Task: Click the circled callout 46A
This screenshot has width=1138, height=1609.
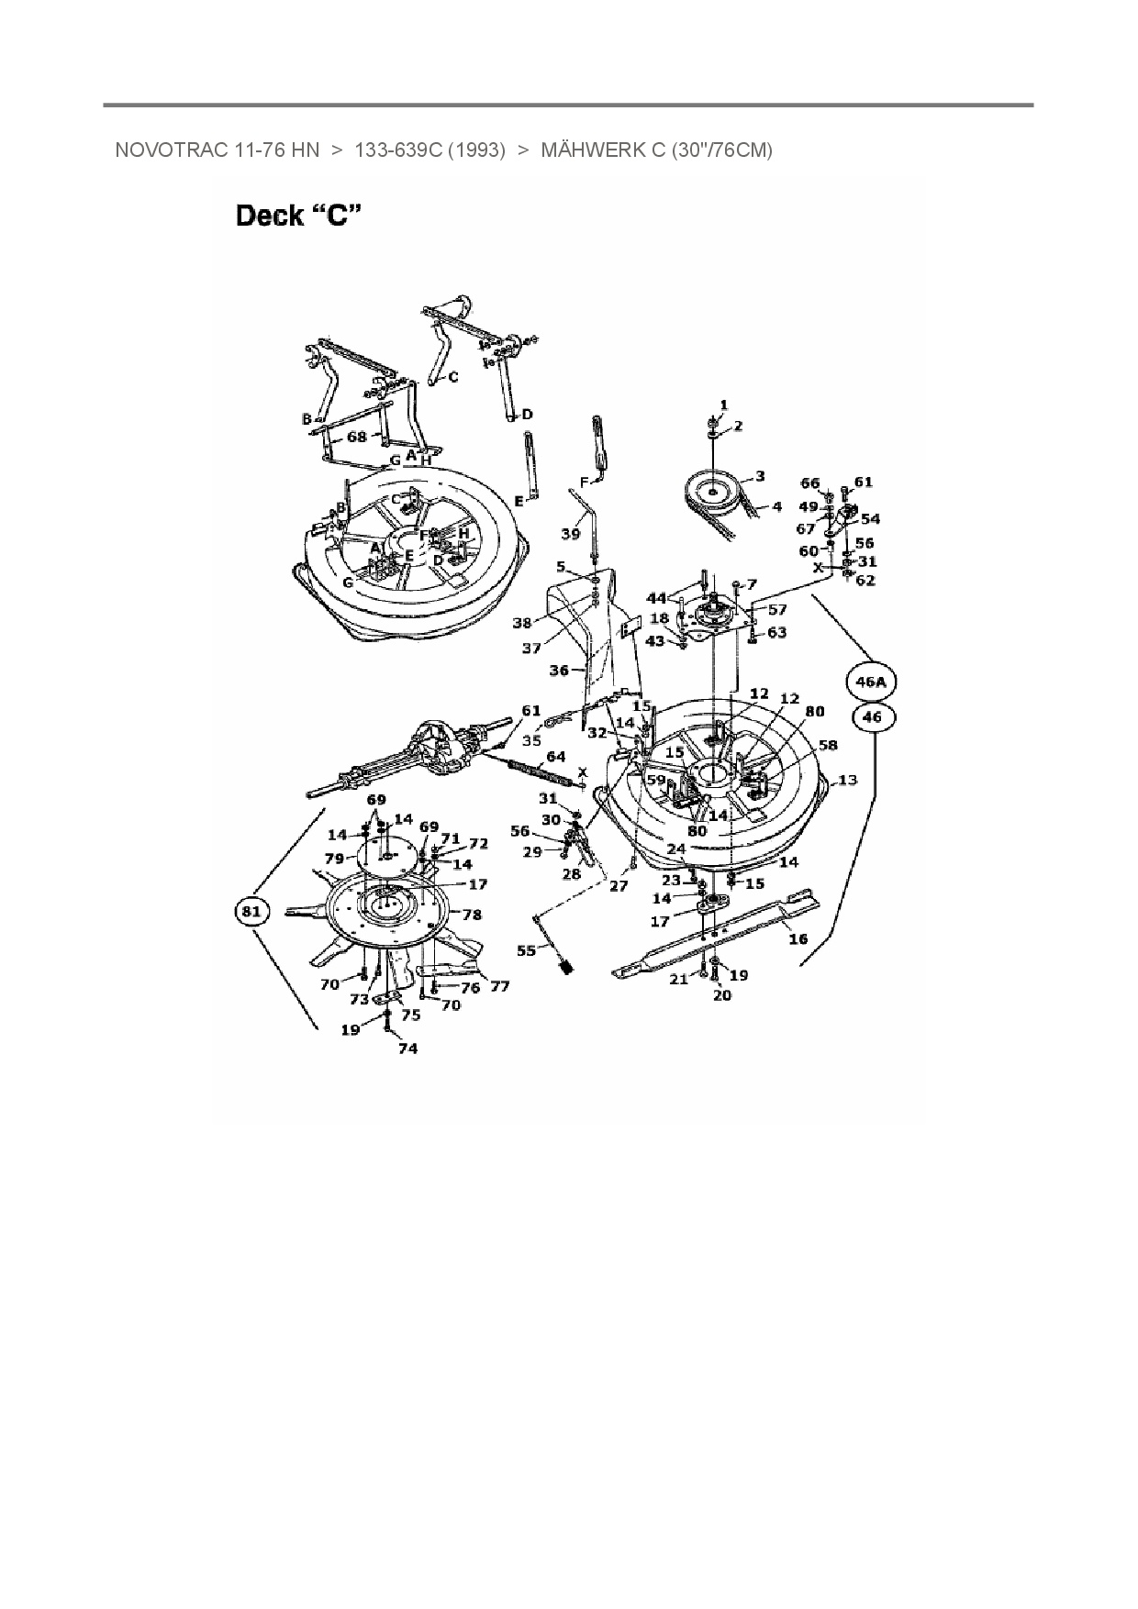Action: pyautogui.click(x=870, y=682)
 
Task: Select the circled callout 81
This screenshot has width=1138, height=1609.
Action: pyautogui.click(x=251, y=911)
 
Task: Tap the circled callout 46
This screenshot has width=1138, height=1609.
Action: pyautogui.click(x=871, y=717)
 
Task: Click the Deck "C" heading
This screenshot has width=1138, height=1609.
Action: pyautogui.click(x=298, y=216)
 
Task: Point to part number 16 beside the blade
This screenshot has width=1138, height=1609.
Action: pyautogui.click(x=798, y=938)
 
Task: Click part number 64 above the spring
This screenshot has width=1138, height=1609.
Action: pyautogui.click(x=556, y=757)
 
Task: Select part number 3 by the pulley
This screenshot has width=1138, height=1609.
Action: pyautogui.click(x=760, y=476)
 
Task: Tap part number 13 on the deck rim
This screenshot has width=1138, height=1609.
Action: pyautogui.click(x=847, y=780)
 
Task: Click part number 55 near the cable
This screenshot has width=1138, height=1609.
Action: pyautogui.click(x=526, y=950)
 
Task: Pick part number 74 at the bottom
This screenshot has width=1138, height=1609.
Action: pyautogui.click(x=407, y=1048)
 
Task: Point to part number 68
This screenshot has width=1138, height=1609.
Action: pyautogui.click(x=357, y=437)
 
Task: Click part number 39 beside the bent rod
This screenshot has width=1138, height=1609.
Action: pyautogui.click(x=571, y=534)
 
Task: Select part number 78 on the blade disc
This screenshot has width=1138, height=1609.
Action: pyautogui.click(x=472, y=915)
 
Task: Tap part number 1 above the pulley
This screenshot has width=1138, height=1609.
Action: pyautogui.click(x=723, y=405)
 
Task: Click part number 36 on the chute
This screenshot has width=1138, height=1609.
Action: pyautogui.click(x=559, y=671)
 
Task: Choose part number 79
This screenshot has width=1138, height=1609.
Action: pyautogui.click(x=334, y=859)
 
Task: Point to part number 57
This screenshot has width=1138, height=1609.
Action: pyautogui.click(x=776, y=609)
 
